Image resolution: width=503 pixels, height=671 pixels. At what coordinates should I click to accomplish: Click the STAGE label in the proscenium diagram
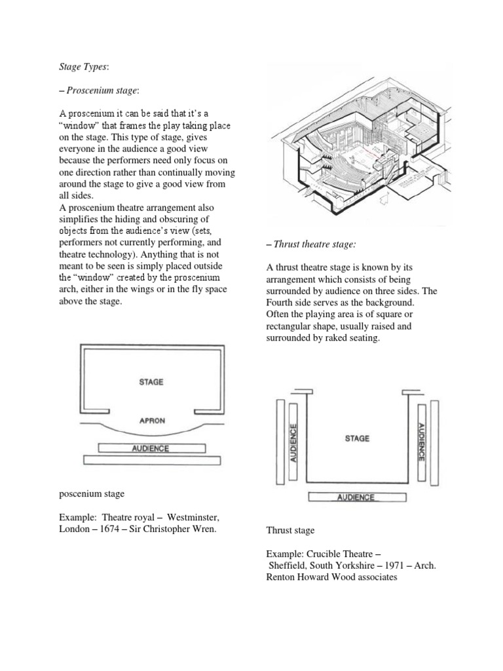pos(151,381)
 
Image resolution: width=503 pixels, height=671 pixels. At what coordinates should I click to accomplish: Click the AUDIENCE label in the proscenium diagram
pos(151,448)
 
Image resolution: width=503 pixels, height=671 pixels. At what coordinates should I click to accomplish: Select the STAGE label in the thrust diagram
pos(357,438)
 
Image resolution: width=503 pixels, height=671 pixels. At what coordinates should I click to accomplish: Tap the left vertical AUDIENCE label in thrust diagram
pos(293,444)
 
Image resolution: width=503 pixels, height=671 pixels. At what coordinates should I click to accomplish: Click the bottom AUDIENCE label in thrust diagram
pos(356,497)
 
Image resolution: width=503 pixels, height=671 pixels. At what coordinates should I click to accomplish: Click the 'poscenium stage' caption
pos(91,493)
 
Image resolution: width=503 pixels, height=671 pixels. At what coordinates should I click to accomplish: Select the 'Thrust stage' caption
pos(290,530)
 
